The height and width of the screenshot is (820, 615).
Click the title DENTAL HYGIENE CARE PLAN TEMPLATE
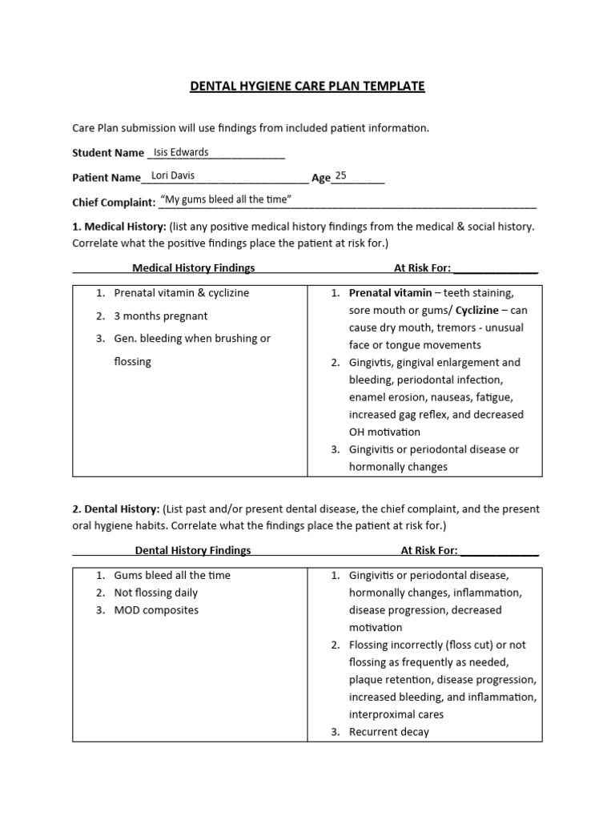[307, 86]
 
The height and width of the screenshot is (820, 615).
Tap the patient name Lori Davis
[172, 176]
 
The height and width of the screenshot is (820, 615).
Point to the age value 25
[341, 176]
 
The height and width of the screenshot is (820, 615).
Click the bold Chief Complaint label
[114, 203]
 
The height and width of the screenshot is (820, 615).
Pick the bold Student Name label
[108, 153]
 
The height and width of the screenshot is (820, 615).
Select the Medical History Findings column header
[193, 267]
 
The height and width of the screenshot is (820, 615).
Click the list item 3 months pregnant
[160, 316]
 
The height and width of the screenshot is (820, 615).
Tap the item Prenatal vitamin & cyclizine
[181, 293]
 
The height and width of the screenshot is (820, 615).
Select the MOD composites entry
[156, 610]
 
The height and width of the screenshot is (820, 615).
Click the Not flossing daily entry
[155, 593]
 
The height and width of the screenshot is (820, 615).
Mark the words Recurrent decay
[388, 732]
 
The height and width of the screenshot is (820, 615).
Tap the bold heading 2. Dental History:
[116, 509]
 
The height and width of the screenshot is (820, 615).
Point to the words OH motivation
[384, 432]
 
